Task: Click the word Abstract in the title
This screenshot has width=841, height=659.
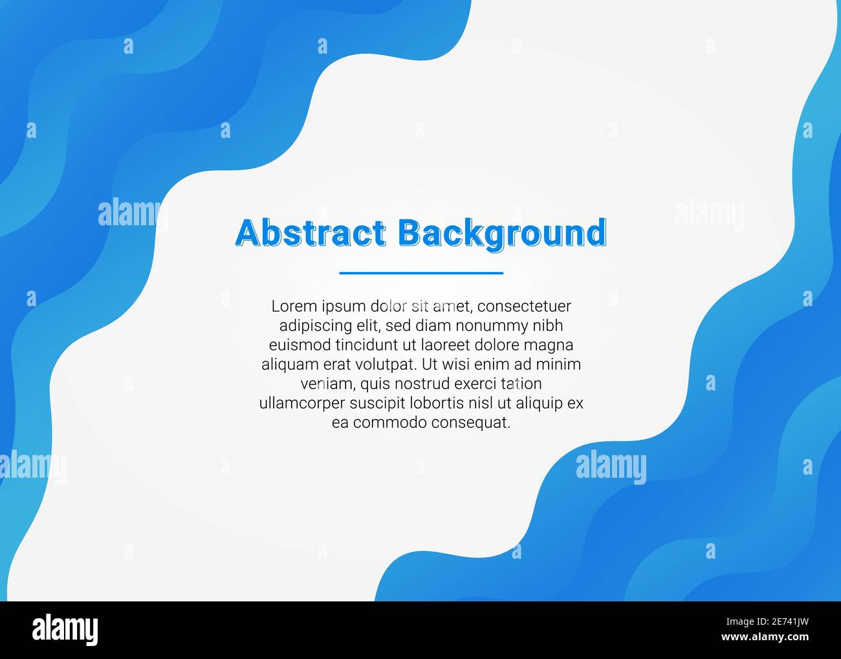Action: coord(311,233)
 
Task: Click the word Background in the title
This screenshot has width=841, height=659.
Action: coord(502,234)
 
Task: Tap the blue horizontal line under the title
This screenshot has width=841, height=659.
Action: coord(421,273)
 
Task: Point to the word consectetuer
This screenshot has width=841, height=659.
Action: coord(524,306)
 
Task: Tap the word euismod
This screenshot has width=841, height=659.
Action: coord(295,344)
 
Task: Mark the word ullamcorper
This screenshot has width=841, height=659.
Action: coord(302,403)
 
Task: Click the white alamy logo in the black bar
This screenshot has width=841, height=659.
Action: coord(65,629)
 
